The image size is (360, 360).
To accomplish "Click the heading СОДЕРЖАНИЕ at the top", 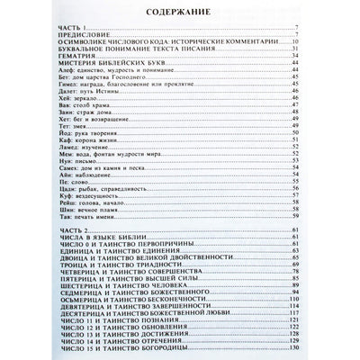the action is pyautogui.click(x=180, y=13).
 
